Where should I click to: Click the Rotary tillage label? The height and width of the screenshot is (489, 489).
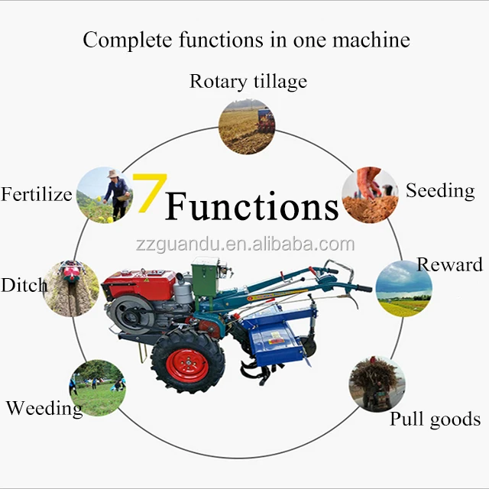[x=248, y=81]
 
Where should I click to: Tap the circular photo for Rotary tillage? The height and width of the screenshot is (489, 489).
[x=246, y=127]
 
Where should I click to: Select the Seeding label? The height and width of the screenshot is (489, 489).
[x=440, y=190]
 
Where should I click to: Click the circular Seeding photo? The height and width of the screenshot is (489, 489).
[x=370, y=195]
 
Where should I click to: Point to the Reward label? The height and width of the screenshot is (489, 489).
[x=449, y=264]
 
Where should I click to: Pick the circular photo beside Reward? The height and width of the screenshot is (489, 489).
[x=403, y=288]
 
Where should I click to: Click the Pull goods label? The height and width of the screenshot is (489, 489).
[x=435, y=419]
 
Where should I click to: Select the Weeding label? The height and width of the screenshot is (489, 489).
[x=44, y=408]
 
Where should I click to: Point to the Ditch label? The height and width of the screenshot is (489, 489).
[x=24, y=286]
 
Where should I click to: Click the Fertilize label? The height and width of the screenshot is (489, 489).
[x=37, y=194]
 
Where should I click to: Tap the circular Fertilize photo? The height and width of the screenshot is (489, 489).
[x=105, y=194]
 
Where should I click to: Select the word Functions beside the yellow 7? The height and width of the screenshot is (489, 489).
[x=252, y=206]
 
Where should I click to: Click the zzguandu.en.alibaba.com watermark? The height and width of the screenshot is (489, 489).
[x=244, y=244]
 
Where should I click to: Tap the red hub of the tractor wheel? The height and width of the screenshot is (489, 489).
[x=188, y=365]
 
